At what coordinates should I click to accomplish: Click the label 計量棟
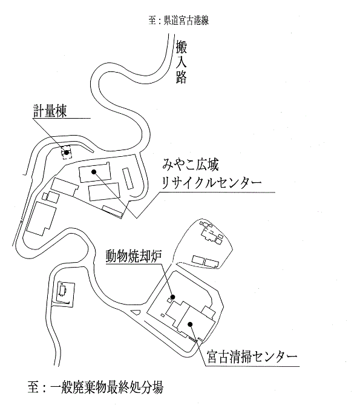pos(50,111)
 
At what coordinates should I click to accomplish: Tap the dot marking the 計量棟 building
pos(67,153)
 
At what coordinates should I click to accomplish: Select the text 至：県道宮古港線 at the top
pos(178,21)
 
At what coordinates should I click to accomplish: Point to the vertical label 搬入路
pos(181,62)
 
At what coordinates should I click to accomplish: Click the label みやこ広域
pos(191,164)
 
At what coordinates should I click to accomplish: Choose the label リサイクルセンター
pos(212,183)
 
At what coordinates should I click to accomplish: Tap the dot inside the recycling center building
pos(94,171)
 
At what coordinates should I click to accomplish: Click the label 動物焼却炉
pos(134,256)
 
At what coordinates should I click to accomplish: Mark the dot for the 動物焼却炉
pos(172,297)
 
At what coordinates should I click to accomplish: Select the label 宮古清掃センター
pos(252,357)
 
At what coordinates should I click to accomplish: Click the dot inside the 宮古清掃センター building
pos(190,324)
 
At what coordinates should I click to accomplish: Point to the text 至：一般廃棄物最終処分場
pos(96,387)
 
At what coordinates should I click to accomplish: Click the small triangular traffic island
pos(136,312)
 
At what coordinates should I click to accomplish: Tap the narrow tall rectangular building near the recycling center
pos(128,179)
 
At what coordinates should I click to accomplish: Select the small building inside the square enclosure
pos(63,291)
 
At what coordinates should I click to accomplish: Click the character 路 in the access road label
pos(181,77)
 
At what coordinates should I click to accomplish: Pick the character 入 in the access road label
pos(181,62)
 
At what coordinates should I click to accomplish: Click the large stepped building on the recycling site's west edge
pos(41,219)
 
